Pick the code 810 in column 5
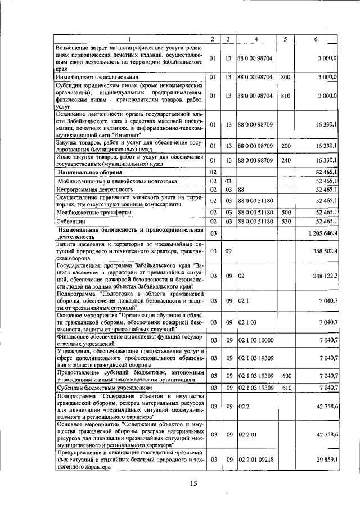click(285, 96)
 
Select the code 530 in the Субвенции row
click(285, 222)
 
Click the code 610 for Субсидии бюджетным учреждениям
click(285, 388)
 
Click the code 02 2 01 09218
click(256, 460)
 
